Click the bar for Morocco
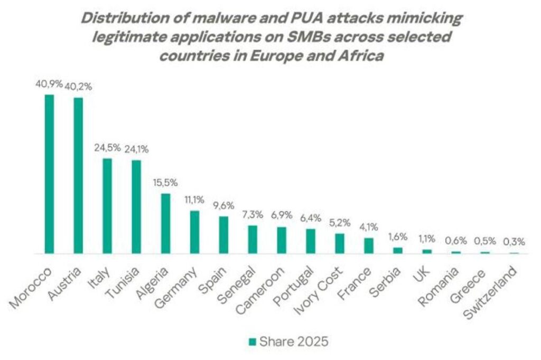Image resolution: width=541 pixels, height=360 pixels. click(x=49, y=174)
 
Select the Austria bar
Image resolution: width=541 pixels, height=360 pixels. click(x=78, y=176)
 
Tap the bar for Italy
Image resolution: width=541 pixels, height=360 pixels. click(x=107, y=206)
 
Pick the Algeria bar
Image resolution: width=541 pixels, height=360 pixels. click(x=165, y=223)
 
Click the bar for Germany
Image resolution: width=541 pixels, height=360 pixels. click(x=194, y=232)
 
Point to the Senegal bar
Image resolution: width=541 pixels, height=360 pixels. click(x=253, y=240)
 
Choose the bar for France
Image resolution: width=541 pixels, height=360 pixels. click(x=369, y=246)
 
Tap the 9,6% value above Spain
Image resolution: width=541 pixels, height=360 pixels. click(x=223, y=206)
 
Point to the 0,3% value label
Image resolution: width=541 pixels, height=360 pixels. click(x=514, y=242)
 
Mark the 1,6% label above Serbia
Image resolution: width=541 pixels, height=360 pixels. click(x=398, y=237)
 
